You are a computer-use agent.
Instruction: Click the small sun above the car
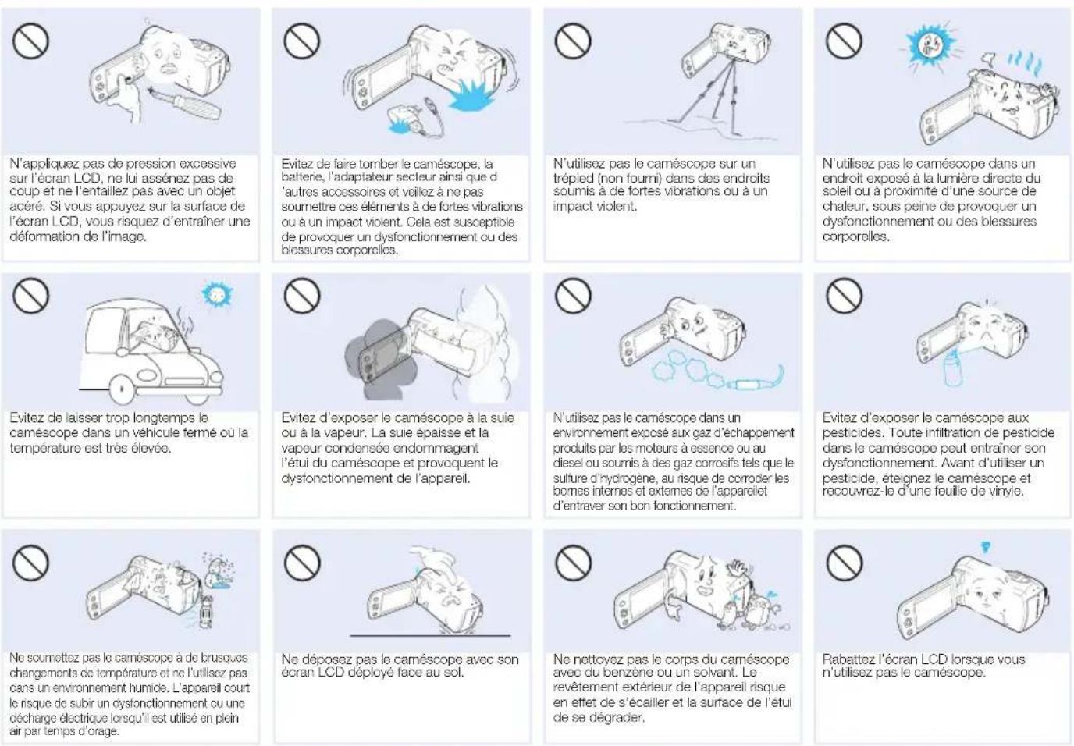[x=217, y=294]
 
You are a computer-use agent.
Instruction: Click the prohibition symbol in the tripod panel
[x=573, y=41]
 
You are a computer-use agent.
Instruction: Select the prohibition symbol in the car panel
[x=30, y=295]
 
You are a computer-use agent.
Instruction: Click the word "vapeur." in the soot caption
[x=340, y=433]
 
